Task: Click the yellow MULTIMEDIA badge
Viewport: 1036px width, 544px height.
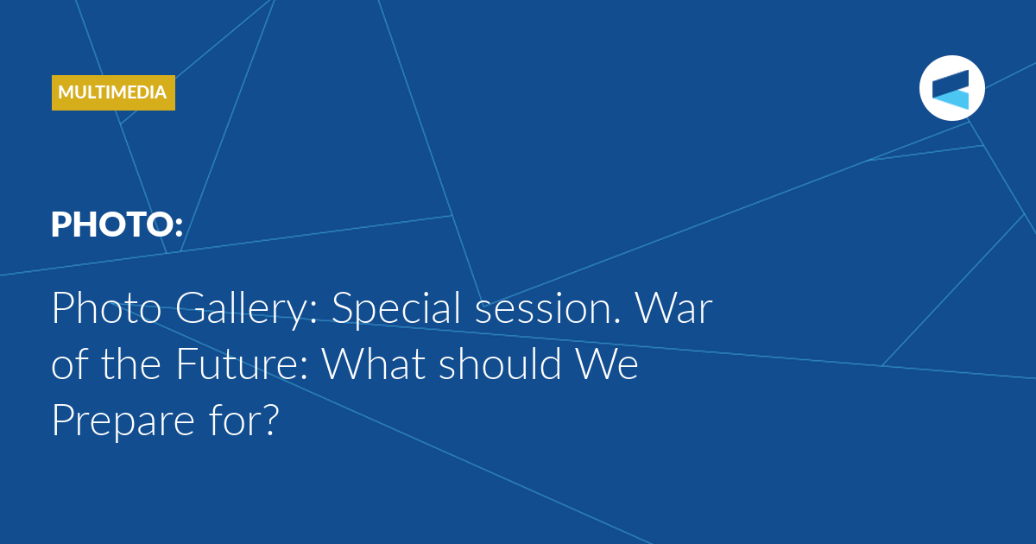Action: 113,92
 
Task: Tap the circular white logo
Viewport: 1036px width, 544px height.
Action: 951,88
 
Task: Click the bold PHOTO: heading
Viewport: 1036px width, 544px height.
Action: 117,225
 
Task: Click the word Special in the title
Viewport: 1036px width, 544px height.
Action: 396,309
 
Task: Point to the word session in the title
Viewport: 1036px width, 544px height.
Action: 547,309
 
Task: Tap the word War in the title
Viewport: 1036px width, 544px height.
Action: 674,308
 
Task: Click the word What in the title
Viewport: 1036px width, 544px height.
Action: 374,364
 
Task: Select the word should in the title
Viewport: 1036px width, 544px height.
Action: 500,364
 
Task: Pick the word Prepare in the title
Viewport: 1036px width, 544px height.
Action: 123,421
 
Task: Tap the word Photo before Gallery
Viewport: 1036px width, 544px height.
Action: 107,308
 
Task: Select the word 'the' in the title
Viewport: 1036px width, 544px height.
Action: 131,364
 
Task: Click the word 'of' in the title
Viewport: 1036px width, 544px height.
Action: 69,364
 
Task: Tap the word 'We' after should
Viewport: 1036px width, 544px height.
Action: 607,364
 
